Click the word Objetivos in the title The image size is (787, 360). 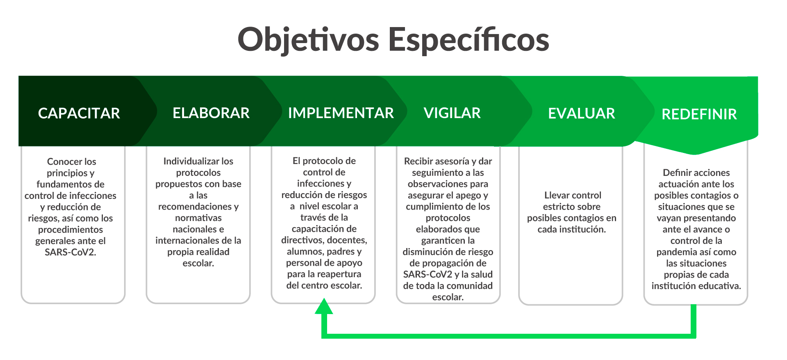click(308, 40)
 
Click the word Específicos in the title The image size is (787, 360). click(469, 40)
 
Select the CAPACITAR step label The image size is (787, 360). click(79, 113)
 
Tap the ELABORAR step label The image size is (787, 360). click(211, 113)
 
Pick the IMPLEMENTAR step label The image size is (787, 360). click(341, 113)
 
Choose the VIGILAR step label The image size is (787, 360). click(452, 113)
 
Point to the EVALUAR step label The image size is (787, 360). click(582, 113)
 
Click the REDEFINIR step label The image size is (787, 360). click(699, 114)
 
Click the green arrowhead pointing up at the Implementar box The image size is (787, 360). click(324, 306)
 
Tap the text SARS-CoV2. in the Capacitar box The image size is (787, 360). click(71, 252)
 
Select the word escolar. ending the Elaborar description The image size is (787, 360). click(198, 263)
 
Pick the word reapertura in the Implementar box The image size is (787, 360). click(339, 274)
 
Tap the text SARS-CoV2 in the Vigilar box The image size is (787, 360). click(428, 274)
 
